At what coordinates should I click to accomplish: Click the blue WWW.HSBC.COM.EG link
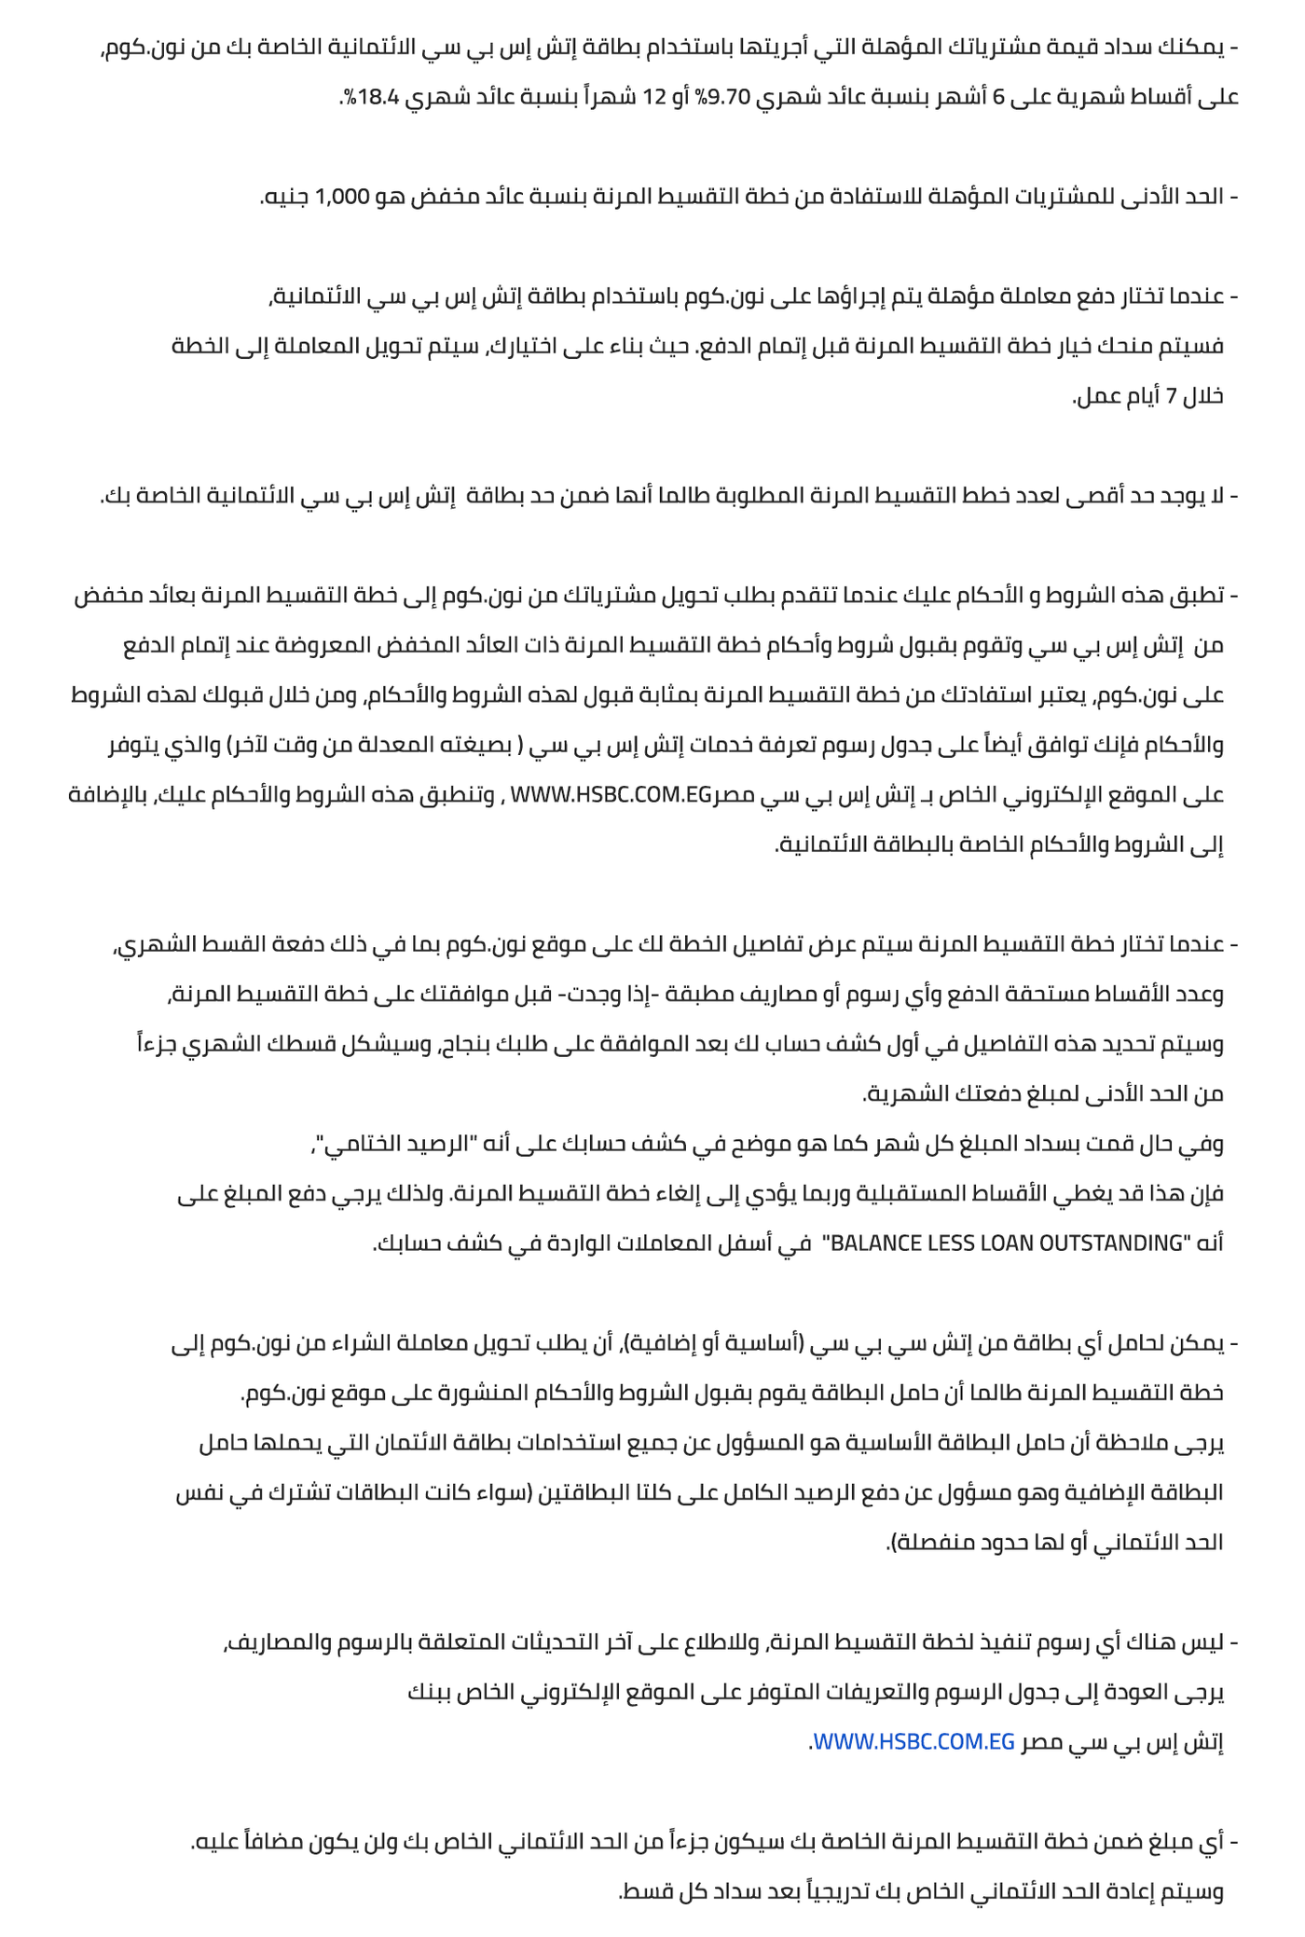(x=913, y=1742)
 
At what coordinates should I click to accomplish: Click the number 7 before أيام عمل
(x=1172, y=396)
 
